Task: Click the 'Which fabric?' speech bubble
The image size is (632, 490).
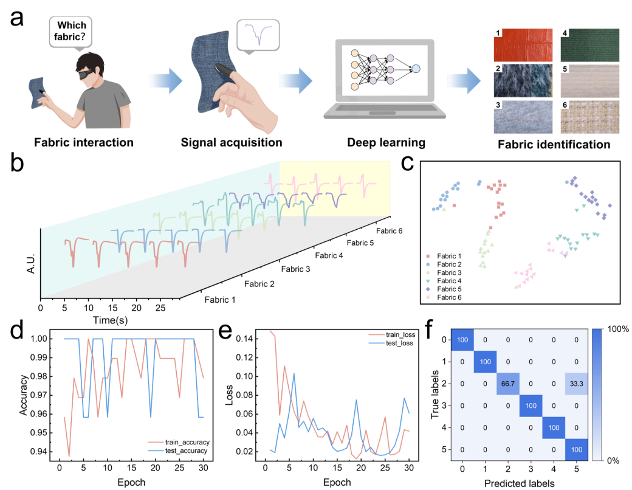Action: click(x=71, y=32)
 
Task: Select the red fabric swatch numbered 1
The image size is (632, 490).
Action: click(x=523, y=44)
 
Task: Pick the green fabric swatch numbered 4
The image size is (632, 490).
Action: click(x=589, y=44)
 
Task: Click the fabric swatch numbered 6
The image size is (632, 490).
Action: click(x=589, y=117)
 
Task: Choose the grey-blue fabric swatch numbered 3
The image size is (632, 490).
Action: click(x=523, y=117)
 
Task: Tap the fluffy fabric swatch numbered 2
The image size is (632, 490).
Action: click(x=523, y=80)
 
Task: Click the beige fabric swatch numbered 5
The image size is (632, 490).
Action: click(x=589, y=80)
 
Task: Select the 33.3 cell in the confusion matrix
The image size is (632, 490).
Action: click(x=576, y=384)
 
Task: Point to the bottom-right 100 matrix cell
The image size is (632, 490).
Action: click(x=576, y=449)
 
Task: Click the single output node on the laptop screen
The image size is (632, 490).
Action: click(x=416, y=69)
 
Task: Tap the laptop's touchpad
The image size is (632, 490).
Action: click(x=382, y=113)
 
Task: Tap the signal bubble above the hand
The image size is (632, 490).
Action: click(x=258, y=35)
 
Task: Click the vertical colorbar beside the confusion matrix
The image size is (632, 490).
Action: click(x=596, y=394)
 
